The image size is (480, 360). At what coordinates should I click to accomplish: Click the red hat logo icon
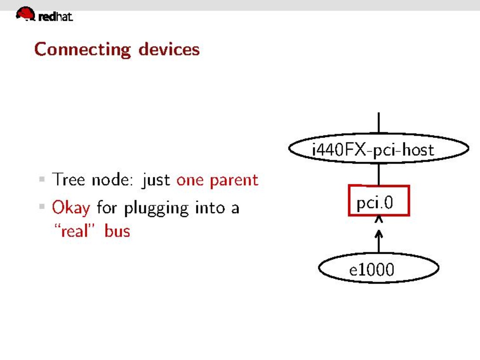point(25,14)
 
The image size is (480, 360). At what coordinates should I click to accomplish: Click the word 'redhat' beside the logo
point(56,17)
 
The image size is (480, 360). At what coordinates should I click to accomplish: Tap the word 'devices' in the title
point(169,49)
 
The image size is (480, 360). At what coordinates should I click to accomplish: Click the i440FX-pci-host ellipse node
point(379,149)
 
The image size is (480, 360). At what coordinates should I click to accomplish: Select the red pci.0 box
point(379,200)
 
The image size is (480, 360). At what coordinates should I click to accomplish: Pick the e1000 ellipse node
point(379,268)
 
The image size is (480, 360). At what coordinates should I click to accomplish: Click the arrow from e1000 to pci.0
point(379,234)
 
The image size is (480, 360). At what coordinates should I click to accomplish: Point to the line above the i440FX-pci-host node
point(379,123)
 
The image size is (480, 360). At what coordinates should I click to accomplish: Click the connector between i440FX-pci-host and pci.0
point(379,174)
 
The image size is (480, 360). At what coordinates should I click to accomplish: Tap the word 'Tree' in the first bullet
point(69,180)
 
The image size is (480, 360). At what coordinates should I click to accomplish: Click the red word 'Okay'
point(71,208)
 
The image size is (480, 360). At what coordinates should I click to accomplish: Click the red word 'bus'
point(117,231)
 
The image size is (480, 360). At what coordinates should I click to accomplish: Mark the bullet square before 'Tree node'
point(42,179)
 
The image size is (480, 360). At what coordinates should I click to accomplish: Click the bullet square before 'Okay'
point(42,206)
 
